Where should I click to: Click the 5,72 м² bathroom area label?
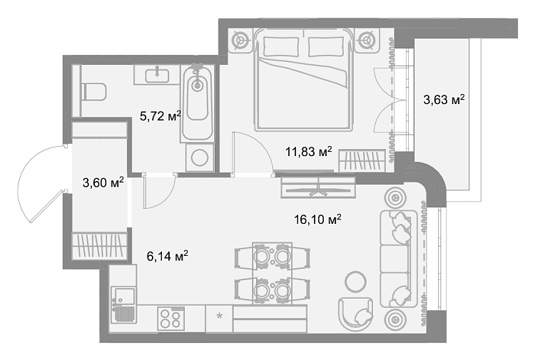point(160,116)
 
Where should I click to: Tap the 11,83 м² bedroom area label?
point(309,151)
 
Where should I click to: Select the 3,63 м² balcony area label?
point(444,100)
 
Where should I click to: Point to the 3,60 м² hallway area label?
point(103,182)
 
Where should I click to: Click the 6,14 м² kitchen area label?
point(168,256)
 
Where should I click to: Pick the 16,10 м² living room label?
point(317,220)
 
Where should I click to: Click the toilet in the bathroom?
point(94,92)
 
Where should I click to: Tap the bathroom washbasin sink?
point(157,75)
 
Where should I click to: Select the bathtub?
point(197,102)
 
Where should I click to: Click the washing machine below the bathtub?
point(200,158)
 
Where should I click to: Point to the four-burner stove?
point(170,318)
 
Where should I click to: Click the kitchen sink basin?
point(125,295)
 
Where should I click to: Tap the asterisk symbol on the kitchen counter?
point(220,316)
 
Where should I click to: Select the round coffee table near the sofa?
point(356,282)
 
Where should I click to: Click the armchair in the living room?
point(356,314)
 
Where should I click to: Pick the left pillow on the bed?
point(282,47)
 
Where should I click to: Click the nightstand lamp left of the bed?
point(242,40)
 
